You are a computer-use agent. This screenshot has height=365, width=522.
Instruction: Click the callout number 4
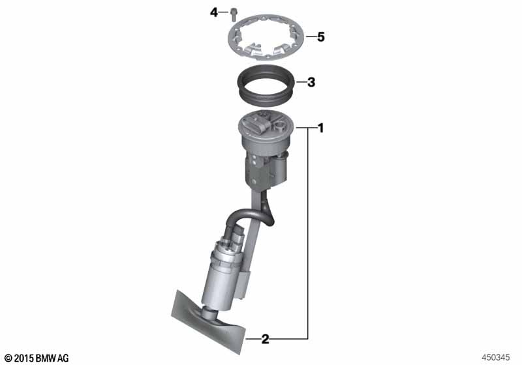click(x=213, y=13)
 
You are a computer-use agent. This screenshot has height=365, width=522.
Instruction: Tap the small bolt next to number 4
click(x=233, y=15)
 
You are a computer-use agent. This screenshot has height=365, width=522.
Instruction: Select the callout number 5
click(x=320, y=36)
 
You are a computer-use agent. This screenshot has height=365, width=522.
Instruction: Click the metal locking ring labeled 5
click(x=266, y=38)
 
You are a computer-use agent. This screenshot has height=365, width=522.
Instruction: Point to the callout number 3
click(x=311, y=82)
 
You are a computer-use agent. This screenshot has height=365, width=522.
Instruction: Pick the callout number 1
click(x=321, y=128)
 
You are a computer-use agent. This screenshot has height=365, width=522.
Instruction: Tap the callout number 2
click(x=265, y=339)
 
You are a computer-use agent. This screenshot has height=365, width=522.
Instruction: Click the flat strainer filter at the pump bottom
click(x=208, y=321)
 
